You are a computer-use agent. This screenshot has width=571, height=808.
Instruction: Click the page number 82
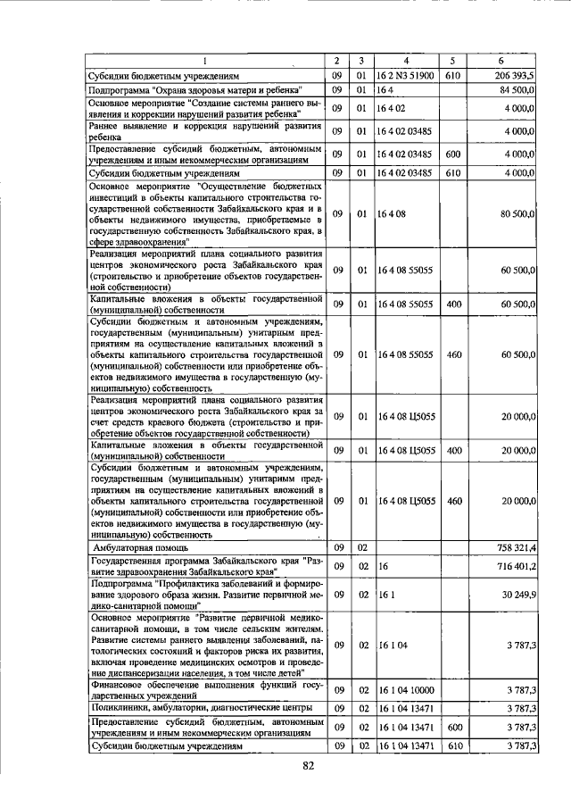310,765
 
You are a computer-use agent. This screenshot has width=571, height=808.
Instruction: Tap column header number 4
405,61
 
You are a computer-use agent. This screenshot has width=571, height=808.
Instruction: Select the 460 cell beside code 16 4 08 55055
454,355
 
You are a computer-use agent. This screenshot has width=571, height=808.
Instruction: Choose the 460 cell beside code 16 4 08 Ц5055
454,502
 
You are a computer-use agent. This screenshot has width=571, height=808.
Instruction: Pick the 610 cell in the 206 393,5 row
453,76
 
